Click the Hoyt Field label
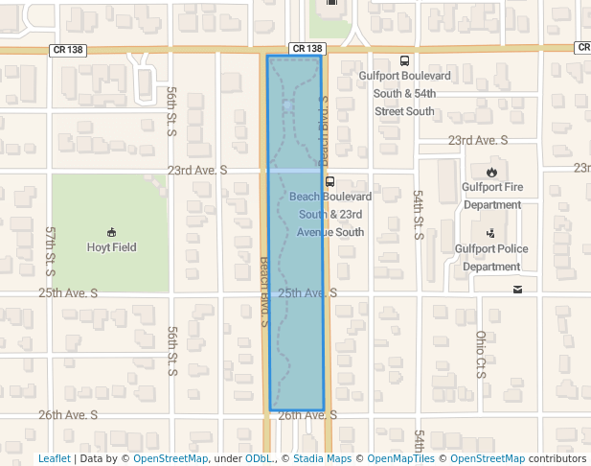[x=111, y=247]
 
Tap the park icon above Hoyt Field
[x=112, y=231]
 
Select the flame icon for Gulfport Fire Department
[x=491, y=173]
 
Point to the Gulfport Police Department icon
[x=491, y=232]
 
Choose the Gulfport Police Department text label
[x=490, y=257]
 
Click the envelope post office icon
[x=517, y=290]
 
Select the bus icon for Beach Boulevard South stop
[x=330, y=180]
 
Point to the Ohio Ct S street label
[x=480, y=355]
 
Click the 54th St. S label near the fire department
[x=419, y=214]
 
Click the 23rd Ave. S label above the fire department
[x=478, y=140]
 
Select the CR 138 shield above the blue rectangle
[x=307, y=48]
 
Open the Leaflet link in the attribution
[x=55, y=459]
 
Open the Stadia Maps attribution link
[x=321, y=459]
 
